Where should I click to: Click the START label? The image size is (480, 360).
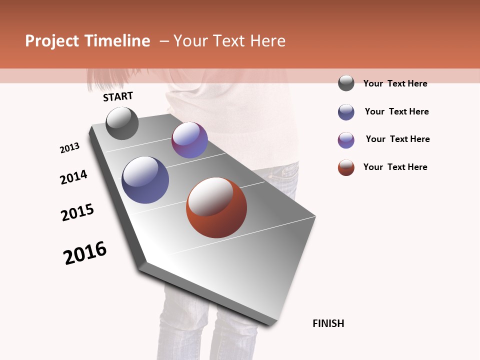118,96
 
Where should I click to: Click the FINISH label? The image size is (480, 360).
328,323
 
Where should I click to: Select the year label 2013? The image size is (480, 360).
69,148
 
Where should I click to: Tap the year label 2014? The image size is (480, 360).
73,177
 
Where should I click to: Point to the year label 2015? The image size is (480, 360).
77,212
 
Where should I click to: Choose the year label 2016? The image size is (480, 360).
85,252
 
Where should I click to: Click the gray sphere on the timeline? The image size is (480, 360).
122,123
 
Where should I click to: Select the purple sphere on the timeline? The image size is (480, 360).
189,140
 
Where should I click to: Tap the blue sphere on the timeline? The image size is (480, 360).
145,180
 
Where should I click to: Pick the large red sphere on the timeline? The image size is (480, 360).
216,207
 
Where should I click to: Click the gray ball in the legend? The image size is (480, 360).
346,83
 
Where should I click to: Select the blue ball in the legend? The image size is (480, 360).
346,112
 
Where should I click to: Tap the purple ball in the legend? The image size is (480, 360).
346,140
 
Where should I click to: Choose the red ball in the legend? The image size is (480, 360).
346,167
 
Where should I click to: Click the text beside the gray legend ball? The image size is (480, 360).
395,83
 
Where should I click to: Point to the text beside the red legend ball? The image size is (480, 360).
395,167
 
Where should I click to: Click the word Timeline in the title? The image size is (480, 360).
117,41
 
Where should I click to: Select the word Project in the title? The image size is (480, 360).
52,41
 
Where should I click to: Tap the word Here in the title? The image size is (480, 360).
267,41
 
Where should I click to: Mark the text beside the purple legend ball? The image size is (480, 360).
397,139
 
